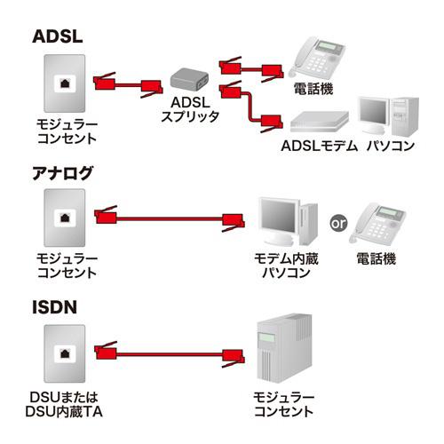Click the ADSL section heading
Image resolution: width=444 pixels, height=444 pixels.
58,36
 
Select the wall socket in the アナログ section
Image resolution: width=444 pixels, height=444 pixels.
67,218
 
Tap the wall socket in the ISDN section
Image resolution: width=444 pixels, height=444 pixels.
67,353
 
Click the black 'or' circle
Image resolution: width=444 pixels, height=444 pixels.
338,222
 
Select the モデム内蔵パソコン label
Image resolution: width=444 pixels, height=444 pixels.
285,266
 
